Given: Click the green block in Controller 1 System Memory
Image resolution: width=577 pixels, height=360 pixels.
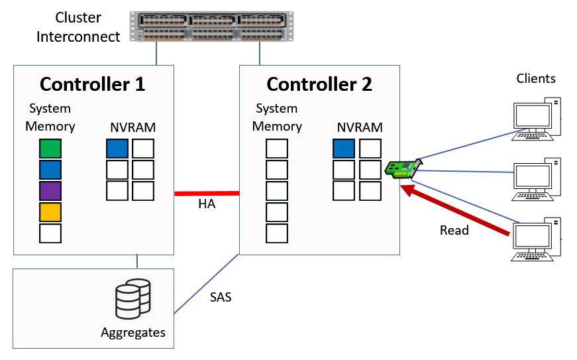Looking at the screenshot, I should [50, 149].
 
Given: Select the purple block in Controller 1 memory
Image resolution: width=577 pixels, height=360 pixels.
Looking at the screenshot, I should [50, 191].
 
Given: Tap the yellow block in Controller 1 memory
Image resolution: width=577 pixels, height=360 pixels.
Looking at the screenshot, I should [50, 212].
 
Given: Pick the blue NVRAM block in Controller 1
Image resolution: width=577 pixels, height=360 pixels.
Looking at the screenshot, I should [117, 149].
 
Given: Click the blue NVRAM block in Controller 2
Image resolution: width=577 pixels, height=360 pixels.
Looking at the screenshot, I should [344, 149].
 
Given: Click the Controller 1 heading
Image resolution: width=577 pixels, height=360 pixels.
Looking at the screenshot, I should [92, 84].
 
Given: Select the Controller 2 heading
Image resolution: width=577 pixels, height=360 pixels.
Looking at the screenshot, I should [319, 84].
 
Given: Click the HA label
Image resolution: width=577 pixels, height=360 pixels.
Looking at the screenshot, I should [207, 204].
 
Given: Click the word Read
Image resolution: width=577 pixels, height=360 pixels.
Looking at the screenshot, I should [454, 231].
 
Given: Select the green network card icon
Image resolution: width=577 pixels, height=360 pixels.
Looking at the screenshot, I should [401, 168].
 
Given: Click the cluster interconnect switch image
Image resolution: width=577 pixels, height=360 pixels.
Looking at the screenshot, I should [211, 27].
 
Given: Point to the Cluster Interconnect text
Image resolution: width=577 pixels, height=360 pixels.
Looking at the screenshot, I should [78, 27].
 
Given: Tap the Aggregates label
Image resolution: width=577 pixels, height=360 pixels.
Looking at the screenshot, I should [132, 331].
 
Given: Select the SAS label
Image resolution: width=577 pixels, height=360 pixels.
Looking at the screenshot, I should [221, 297].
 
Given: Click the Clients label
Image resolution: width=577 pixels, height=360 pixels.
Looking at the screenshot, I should [536, 79].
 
